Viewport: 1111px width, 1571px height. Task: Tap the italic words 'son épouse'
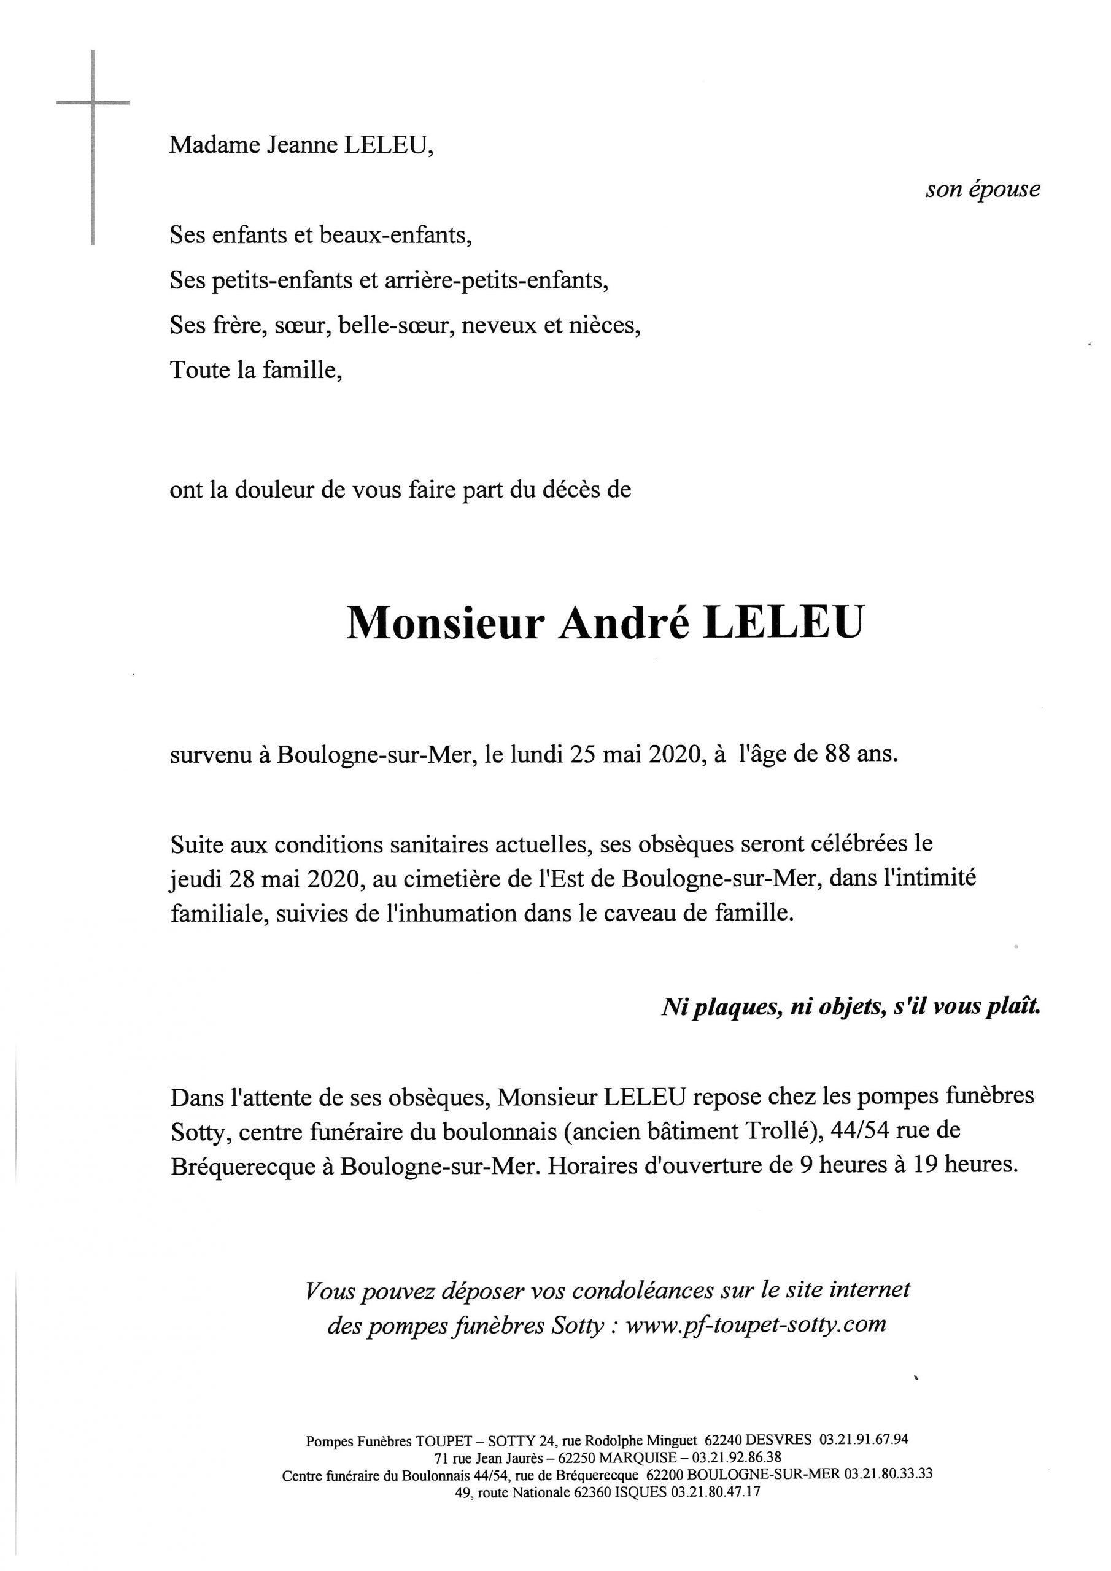point(982,190)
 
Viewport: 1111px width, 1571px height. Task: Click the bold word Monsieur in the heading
point(445,623)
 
